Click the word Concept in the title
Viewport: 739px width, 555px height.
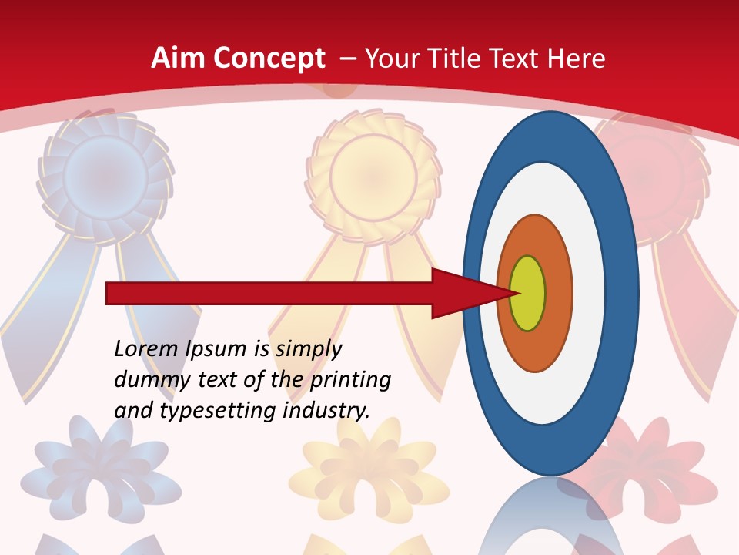[269, 59]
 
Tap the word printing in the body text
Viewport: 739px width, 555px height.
[350, 379]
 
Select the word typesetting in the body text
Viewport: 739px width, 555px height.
[218, 410]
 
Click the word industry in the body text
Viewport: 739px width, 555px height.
[326, 410]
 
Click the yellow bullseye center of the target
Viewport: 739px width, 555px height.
[527, 293]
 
